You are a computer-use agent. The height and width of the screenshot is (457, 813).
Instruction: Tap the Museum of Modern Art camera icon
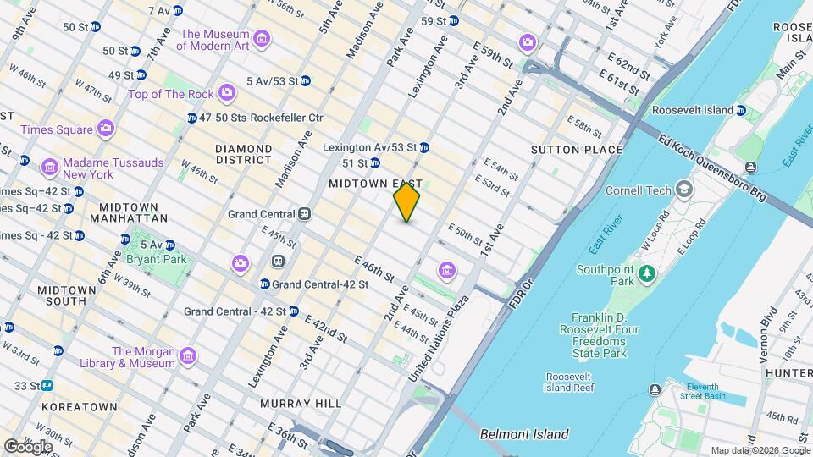point(261,40)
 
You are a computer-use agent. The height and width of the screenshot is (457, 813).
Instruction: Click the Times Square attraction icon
point(106,129)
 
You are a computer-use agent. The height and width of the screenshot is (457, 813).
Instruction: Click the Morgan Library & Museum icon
point(187,356)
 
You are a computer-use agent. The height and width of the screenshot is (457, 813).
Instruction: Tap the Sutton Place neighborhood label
point(577,150)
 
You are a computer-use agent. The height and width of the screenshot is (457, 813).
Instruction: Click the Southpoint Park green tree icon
point(647,273)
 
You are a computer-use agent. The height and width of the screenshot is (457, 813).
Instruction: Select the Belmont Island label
point(523,434)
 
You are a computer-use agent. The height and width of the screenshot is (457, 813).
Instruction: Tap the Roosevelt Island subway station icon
point(740,110)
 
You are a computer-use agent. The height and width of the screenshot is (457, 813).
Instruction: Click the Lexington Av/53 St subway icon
point(423,147)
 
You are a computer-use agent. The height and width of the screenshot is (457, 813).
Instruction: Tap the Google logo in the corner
point(28,446)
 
